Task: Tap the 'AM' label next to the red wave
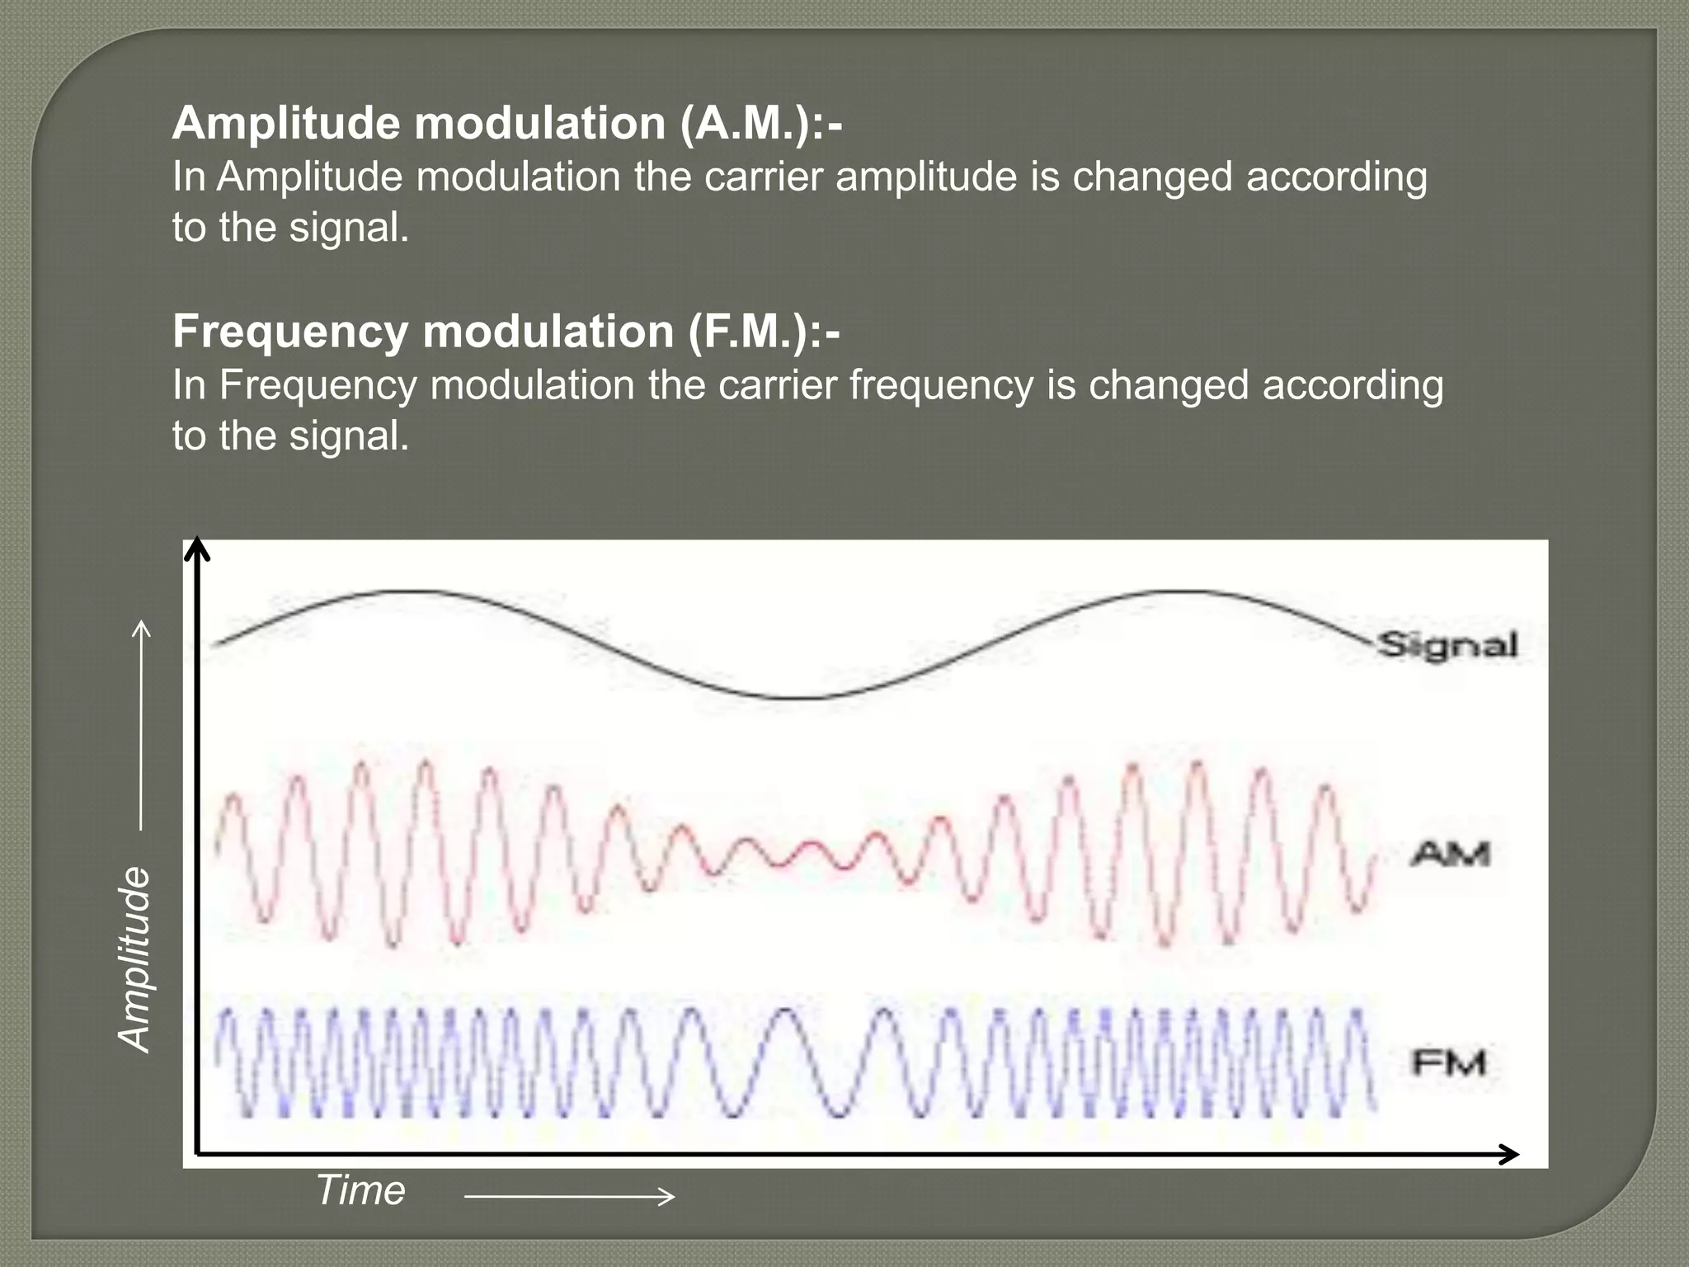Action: pyautogui.click(x=1451, y=853)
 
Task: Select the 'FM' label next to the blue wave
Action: pyautogui.click(x=1449, y=1062)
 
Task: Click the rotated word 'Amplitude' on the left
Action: pyautogui.click(x=135, y=959)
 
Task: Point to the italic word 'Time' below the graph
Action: pyautogui.click(x=361, y=1190)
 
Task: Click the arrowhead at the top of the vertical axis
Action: pyautogui.click(x=197, y=549)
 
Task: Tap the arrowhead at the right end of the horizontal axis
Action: pyautogui.click(x=1508, y=1154)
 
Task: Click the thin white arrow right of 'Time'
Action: pyautogui.click(x=570, y=1196)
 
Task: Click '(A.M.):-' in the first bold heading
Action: pyautogui.click(x=761, y=124)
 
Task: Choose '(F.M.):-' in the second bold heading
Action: pyautogui.click(x=764, y=332)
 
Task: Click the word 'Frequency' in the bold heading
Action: pyautogui.click(x=290, y=332)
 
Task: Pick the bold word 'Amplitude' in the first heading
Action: pyautogui.click(x=286, y=124)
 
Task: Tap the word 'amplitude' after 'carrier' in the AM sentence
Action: pyautogui.click(x=926, y=177)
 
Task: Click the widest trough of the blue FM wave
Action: pyautogui.click(x=838, y=1114)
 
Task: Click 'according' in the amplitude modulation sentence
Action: pyautogui.click(x=1336, y=177)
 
